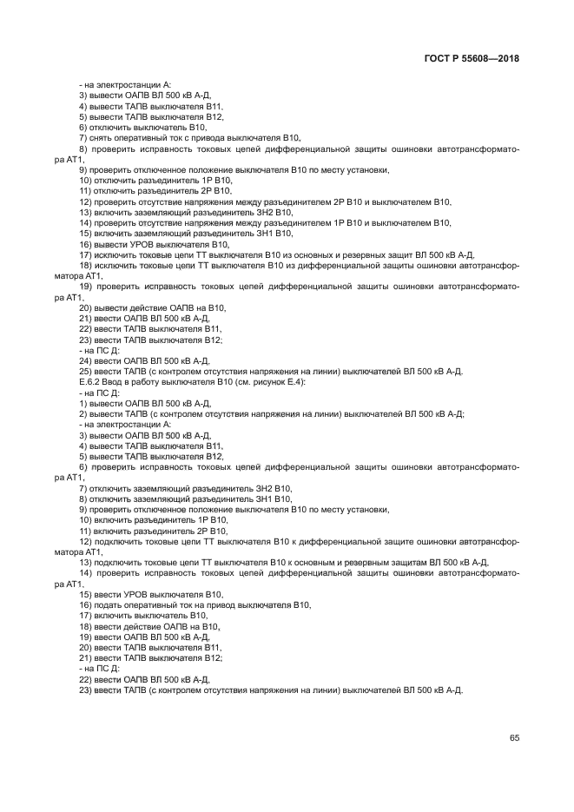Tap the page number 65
click(x=514, y=737)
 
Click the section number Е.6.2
click(x=92, y=382)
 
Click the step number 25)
click(x=85, y=372)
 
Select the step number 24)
click(x=85, y=360)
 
